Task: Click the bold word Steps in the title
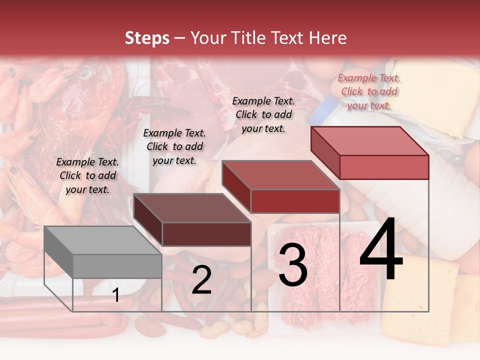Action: tap(147, 38)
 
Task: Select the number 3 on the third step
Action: tap(292, 265)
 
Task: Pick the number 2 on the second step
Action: tap(201, 280)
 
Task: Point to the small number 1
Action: tap(116, 295)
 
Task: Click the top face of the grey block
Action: tap(95, 240)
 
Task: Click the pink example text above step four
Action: tap(369, 91)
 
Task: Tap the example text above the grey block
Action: tap(87, 175)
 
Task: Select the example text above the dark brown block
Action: tap(174, 146)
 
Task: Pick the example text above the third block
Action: tap(263, 114)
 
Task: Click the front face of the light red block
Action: tap(384, 167)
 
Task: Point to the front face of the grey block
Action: tap(117, 266)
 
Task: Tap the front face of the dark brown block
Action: tap(206, 234)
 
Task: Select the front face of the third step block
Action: tap(295, 201)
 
